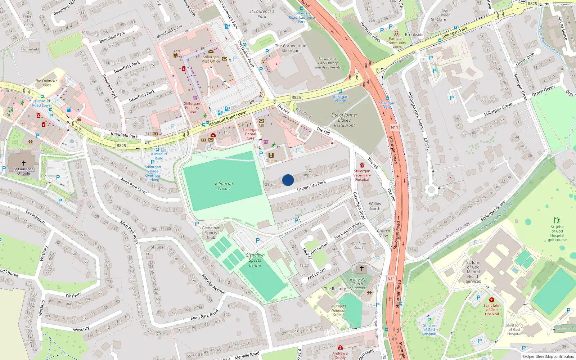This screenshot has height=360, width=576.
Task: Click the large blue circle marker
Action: [x=288, y=180]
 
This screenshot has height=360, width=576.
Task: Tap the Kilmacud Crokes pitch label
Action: [x=224, y=186]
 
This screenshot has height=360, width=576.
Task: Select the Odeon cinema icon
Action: [x=271, y=155]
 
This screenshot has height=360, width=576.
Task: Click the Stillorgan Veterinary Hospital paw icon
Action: [x=362, y=165]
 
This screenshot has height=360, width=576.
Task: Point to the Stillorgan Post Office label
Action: [x=211, y=59]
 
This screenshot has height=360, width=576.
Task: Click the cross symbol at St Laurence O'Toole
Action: [x=24, y=163]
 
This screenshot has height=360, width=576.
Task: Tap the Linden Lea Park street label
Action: [x=311, y=185]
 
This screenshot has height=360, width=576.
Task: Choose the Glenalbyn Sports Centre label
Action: [x=255, y=260]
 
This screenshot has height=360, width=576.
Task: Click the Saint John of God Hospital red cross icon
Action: [x=491, y=300]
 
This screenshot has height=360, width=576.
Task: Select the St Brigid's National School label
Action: [x=338, y=310]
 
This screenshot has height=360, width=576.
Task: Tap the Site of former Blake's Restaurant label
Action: [x=345, y=120]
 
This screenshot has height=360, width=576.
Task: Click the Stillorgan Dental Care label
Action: [x=251, y=134]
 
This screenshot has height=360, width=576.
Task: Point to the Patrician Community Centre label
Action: [x=396, y=43]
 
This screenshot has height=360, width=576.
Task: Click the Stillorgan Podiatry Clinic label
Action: [x=192, y=108]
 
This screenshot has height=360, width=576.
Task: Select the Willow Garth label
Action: [x=375, y=206]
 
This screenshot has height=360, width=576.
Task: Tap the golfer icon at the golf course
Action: [x=557, y=220]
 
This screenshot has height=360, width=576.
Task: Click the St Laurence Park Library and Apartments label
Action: [x=328, y=63]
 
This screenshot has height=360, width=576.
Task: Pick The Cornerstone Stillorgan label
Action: [x=291, y=48]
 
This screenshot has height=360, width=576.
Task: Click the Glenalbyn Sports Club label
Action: [x=211, y=233]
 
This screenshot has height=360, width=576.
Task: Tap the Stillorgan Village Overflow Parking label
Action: [x=153, y=173]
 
